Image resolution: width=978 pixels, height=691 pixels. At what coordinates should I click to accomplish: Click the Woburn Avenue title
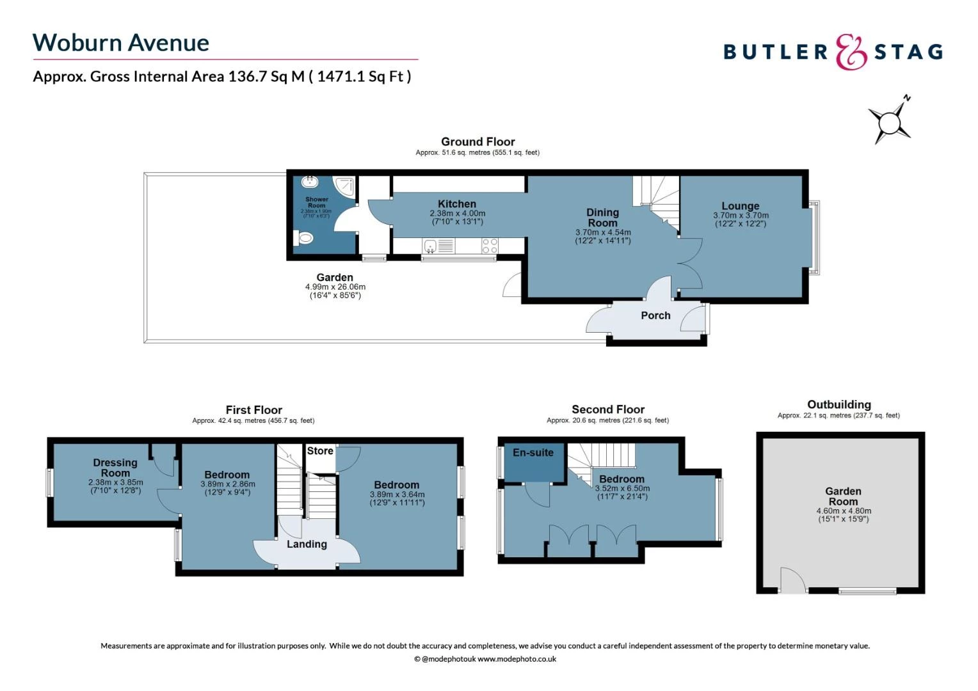pos(121,43)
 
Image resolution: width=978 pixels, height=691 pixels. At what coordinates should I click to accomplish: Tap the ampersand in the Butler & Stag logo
pos(851,52)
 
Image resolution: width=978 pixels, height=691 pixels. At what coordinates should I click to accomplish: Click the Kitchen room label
pos(457,203)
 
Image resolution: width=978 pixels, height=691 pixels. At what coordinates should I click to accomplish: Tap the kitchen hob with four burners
pos(490,246)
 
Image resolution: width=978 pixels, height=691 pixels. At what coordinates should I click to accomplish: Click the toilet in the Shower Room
pos(304,239)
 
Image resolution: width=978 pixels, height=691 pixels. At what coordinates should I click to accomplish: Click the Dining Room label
pos(603,217)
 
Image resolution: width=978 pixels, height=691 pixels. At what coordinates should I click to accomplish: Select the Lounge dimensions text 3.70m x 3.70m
pos(741,216)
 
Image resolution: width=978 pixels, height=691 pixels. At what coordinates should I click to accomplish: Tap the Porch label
pos(655,315)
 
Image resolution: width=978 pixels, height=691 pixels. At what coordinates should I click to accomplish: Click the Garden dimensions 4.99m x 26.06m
pos(335,287)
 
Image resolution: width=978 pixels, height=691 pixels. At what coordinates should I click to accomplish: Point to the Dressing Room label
pos(115,468)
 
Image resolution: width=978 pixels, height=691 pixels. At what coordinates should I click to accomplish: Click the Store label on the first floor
pos(320,451)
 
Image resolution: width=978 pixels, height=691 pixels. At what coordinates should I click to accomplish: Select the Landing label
pos(307,544)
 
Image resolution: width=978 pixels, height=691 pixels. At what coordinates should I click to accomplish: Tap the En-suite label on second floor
pos(533,452)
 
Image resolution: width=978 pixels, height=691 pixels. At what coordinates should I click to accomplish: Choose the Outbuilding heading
pos(838,404)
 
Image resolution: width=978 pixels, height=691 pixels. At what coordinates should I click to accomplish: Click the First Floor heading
pos(253,409)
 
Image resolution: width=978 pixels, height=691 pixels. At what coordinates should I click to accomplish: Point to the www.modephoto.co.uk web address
pos(517,659)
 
